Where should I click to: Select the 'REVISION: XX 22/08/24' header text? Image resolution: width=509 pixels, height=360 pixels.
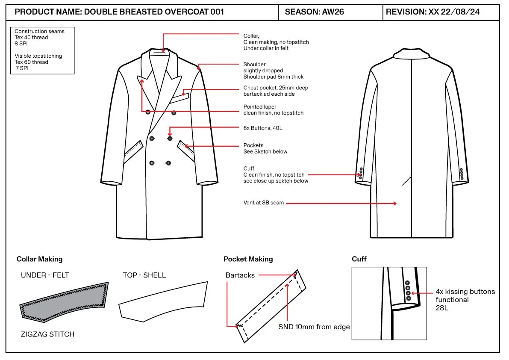433,12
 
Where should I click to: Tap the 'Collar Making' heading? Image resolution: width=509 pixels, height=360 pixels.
39,259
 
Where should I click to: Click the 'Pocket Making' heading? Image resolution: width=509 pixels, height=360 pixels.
248,259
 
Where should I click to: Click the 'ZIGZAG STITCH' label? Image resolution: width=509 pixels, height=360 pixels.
47,334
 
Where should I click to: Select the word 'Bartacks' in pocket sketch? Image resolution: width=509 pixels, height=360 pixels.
240,275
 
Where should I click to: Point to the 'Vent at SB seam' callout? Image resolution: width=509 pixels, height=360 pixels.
264,203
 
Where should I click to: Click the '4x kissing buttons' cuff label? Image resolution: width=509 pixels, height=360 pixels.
465,292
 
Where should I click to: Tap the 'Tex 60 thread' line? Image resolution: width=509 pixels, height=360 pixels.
31,62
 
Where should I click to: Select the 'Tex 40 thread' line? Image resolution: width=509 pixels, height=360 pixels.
31,37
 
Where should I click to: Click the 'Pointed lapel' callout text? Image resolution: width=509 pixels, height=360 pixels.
259,107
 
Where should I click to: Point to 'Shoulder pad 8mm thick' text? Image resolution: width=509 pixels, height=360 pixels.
274,77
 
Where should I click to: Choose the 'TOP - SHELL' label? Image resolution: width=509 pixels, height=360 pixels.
144,275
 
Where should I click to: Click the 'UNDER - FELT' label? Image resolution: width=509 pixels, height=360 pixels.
45,275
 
